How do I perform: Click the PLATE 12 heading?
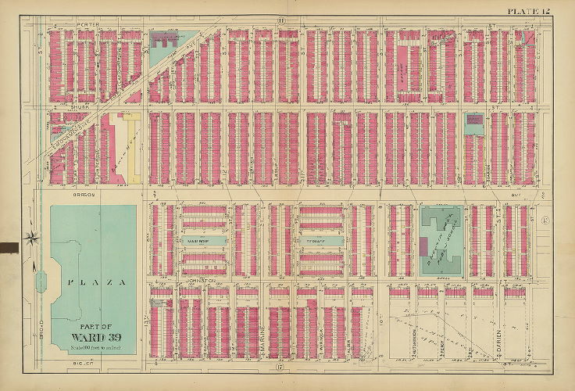[530, 9]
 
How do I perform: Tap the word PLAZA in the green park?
[93, 282]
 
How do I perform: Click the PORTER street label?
[87, 25]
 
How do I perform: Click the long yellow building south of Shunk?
[134, 149]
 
